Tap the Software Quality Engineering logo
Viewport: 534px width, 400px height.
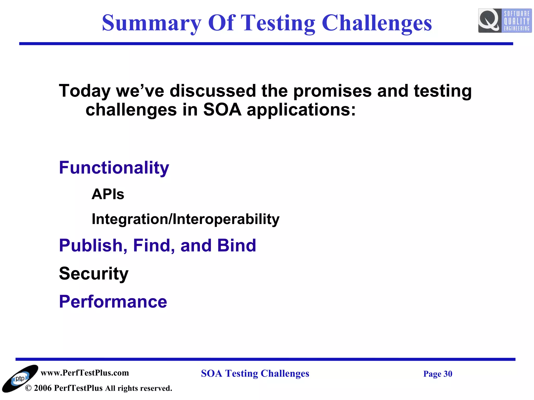tap(505, 21)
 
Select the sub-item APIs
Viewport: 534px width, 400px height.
tap(108, 194)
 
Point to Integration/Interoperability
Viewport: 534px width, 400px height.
tap(185, 219)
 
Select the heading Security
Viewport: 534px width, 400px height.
tap(94, 274)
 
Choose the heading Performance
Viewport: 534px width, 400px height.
tap(113, 302)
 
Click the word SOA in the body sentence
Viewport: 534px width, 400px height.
tap(222, 110)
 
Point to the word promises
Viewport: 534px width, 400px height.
tap(332, 91)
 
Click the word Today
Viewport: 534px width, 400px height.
tap(85, 91)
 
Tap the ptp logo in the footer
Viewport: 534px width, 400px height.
tap(20, 378)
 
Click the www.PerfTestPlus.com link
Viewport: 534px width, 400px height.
tap(85, 373)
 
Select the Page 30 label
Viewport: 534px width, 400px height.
tap(438, 374)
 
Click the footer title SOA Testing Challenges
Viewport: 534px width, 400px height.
tap(255, 373)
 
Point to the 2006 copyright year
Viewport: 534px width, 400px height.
tap(43, 388)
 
